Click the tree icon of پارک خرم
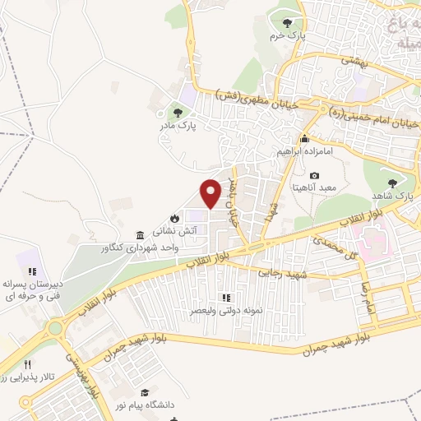tap(286, 23)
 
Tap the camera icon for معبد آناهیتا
tap(315, 175)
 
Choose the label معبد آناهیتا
tap(315, 188)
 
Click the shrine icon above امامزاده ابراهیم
tap(304, 138)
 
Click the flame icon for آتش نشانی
tap(173, 217)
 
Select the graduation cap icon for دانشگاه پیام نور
tap(146, 394)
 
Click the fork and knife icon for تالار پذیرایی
tap(27, 363)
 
